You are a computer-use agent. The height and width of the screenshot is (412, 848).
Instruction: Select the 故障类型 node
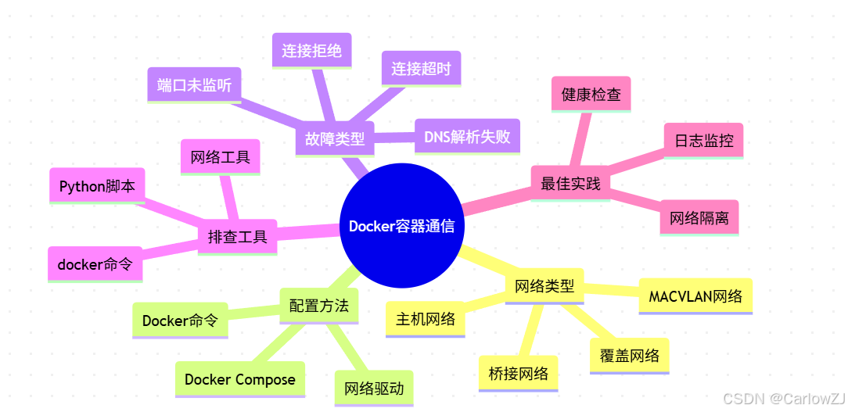(335, 139)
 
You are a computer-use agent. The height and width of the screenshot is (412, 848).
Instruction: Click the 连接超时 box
(421, 69)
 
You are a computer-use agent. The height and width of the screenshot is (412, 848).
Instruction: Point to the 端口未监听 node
(194, 85)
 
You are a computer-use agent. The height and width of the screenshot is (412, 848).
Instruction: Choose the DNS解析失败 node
(467, 137)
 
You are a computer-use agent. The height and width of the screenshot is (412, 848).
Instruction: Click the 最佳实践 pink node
(570, 184)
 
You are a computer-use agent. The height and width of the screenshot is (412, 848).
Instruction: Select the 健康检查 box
(591, 95)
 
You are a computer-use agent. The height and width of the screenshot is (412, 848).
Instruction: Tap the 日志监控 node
(703, 141)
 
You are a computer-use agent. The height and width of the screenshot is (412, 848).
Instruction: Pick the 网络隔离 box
(699, 218)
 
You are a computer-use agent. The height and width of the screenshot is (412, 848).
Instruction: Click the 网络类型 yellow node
(544, 285)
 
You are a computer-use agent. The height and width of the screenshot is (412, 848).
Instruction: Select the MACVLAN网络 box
(695, 297)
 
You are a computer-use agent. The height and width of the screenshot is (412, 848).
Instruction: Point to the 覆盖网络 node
(630, 356)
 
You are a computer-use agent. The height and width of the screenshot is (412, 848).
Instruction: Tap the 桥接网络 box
(518, 373)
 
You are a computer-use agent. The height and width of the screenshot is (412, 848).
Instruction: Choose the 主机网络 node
(426, 319)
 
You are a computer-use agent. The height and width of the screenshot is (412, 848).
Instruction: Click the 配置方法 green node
(318, 306)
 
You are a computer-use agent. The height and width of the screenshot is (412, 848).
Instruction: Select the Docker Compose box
(240, 379)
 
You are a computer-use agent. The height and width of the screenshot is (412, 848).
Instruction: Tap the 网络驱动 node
(374, 388)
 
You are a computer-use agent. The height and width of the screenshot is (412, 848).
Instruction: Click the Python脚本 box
(97, 186)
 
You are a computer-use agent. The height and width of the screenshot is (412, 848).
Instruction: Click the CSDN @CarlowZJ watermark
(782, 399)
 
